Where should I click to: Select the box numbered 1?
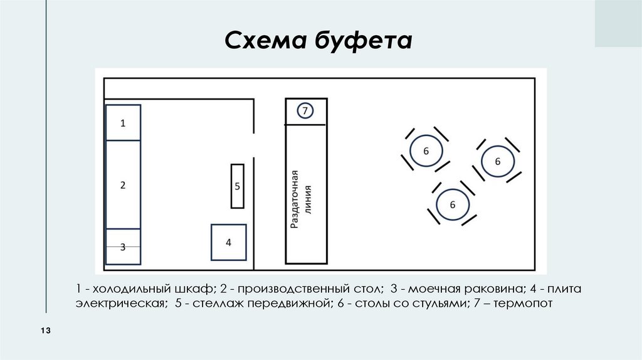click(x=123, y=123)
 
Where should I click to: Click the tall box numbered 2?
click(x=123, y=185)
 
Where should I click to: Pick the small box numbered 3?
click(x=123, y=246)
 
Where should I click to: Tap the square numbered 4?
click(x=228, y=242)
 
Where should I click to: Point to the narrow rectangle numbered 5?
click(x=237, y=186)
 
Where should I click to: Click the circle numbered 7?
click(x=305, y=111)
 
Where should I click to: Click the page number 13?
click(x=45, y=331)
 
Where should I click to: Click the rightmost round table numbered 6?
click(x=498, y=162)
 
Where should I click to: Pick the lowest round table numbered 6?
click(x=451, y=204)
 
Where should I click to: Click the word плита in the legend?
click(x=568, y=290)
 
